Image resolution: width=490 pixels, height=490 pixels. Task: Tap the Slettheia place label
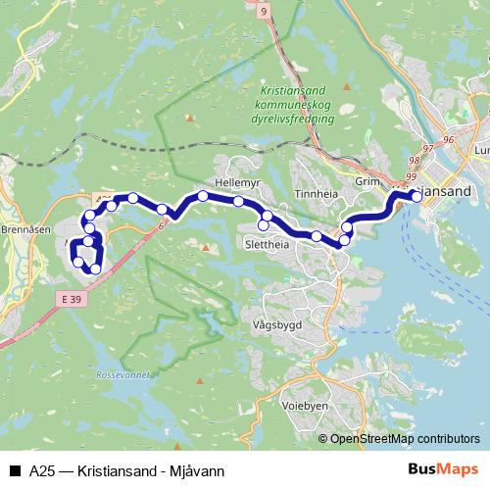269,243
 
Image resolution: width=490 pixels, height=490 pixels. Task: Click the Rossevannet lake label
123,375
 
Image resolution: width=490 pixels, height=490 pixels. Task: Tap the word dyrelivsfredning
293,118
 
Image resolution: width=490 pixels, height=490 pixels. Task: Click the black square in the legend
14,471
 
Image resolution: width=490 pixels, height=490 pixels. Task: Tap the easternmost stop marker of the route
416,196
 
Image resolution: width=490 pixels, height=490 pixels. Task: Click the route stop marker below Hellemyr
238,201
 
